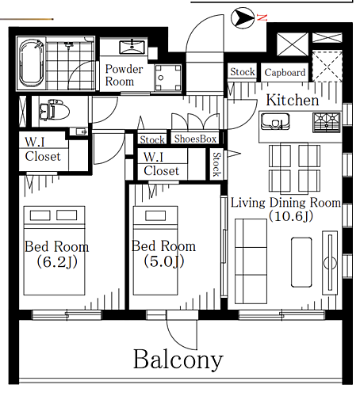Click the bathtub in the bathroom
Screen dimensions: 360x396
32,63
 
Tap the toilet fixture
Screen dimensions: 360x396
54,110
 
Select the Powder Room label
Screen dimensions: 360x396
124,75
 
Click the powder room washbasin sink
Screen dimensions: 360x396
132,47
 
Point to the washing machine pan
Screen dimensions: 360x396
168,78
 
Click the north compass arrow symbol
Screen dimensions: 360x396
243,18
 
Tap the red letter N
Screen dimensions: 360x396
262,17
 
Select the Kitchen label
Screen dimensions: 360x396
293,100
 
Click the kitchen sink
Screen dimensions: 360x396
275,121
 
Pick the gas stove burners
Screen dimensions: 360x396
327,122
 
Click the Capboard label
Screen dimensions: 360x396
285,72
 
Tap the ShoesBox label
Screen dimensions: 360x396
195,139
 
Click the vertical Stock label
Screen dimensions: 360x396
216,164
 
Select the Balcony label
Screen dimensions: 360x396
178,360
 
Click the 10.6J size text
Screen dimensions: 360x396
291,216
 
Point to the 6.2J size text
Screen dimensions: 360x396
57,262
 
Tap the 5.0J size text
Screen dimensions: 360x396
164,261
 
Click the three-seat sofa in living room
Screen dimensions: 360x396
251,261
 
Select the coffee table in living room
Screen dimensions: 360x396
301,262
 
